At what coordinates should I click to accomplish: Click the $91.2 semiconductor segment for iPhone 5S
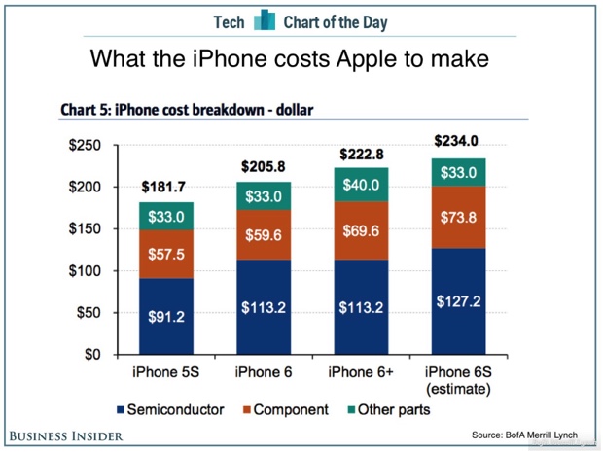[165, 316]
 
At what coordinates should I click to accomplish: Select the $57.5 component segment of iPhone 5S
[165, 255]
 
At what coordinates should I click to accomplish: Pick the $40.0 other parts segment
[360, 185]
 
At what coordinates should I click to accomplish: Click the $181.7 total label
[165, 187]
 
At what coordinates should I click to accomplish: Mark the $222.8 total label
[360, 153]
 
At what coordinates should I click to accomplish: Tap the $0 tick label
[95, 354]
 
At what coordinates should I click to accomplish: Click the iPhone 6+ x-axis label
[360, 371]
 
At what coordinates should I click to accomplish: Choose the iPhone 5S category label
[165, 371]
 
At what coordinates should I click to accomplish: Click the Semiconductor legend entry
[176, 409]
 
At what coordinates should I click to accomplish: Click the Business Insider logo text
[66, 435]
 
